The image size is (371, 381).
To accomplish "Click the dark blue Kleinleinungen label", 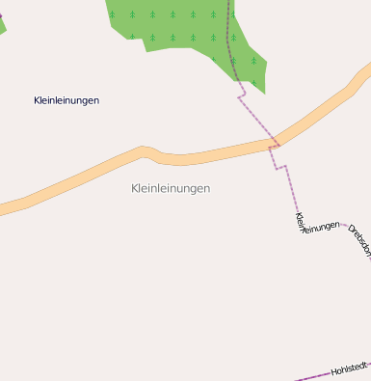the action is point(66,100).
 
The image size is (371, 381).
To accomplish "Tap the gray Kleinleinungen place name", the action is point(171,188).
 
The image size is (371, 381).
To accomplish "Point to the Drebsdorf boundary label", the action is point(359,241).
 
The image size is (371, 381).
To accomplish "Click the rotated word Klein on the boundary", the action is point(300,223).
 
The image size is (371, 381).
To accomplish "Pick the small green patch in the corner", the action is point(2,25).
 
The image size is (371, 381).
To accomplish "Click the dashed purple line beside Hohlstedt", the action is point(313,377).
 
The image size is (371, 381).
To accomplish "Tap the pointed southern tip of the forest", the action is point(262,93).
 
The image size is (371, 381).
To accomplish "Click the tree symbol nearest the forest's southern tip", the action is point(253,61).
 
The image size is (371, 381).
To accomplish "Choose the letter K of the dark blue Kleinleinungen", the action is point(37,100).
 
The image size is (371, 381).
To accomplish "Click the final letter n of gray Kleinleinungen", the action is point(206,188).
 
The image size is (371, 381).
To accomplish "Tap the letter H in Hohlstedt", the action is point(334,372).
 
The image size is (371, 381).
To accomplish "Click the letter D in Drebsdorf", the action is point(350,230).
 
